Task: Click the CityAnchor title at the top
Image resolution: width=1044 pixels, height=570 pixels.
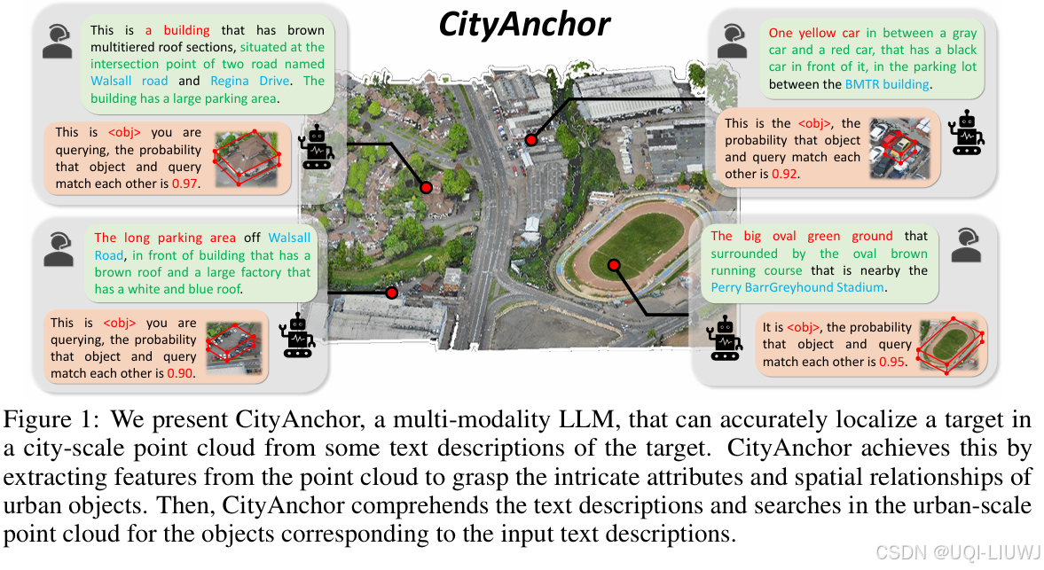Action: click(x=524, y=25)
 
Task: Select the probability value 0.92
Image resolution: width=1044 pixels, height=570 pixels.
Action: click(x=784, y=175)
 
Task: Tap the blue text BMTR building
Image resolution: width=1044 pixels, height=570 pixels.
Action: click(x=887, y=84)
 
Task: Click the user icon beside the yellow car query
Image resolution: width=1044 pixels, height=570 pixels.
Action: click(x=733, y=42)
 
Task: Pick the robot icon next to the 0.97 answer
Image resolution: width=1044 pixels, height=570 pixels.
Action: click(x=317, y=148)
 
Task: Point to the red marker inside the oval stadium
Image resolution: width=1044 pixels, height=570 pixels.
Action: click(x=613, y=265)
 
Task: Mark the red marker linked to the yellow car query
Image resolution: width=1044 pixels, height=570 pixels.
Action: click(x=531, y=140)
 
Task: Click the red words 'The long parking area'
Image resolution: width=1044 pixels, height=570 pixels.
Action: click(x=165, y=238)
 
